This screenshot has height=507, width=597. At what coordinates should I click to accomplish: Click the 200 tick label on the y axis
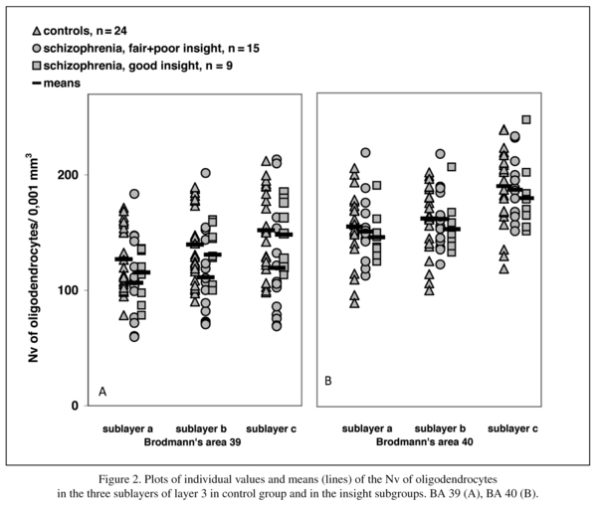[x=68, y=175]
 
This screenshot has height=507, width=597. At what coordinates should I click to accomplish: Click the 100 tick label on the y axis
[x=68, y=290]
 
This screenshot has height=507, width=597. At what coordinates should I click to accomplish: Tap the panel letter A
[x=102, y=392]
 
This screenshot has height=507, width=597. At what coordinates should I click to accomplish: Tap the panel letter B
[x=328, y=381]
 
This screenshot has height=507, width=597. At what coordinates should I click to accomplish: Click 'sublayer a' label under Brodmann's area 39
[x=125, y=428]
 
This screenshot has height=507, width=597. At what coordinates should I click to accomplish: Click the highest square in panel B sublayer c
[x=526, y=120]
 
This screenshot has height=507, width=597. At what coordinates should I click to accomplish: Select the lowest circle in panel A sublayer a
[x=134, y=337]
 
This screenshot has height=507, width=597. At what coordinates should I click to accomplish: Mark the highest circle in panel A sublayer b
[x=206, y=173]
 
